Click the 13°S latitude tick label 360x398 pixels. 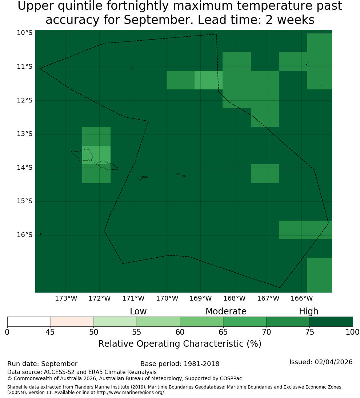click(25, 134)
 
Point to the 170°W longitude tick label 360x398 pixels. click(167, 298)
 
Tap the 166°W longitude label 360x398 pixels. click(301, 298)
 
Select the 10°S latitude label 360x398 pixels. click(25, 33)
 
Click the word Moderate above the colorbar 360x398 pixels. click(226, 311)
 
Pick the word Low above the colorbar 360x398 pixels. click(138, 311)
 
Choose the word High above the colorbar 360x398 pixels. click(308, 311)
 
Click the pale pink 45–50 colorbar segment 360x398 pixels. click(72, 322)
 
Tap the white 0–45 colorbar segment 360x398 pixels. click(29, 322)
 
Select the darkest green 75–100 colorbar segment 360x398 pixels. click(331, 322)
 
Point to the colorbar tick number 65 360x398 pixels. click(223, 332)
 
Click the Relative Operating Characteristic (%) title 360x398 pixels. click(180, 344)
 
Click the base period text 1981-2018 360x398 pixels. click(201, 364)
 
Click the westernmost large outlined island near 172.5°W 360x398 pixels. click(82, 155)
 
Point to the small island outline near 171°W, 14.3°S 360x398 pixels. click(142, 178)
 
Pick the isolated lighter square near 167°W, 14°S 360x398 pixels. click(265, 174)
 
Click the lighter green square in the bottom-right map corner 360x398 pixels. click(319, 275)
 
